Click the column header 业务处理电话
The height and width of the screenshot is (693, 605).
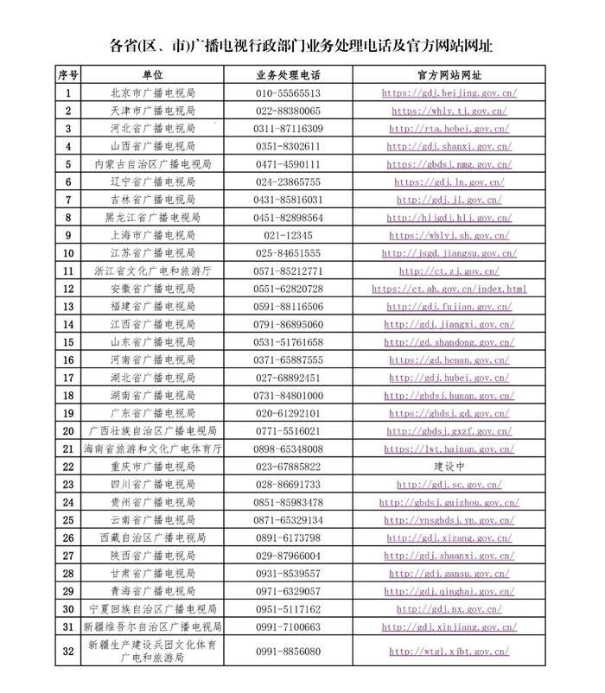(288, 75)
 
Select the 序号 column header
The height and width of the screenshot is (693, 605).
(68, 75)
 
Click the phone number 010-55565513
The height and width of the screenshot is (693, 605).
(288, 93)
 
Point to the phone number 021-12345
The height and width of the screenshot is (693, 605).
(288, 235)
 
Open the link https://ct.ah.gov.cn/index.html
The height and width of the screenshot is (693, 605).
(449, 289)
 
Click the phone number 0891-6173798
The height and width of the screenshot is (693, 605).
(288, 537)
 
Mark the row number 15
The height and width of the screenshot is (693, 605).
(68, 342)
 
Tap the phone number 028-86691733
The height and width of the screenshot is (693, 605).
(288, 485)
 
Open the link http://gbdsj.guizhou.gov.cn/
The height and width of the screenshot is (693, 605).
(449, 502)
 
